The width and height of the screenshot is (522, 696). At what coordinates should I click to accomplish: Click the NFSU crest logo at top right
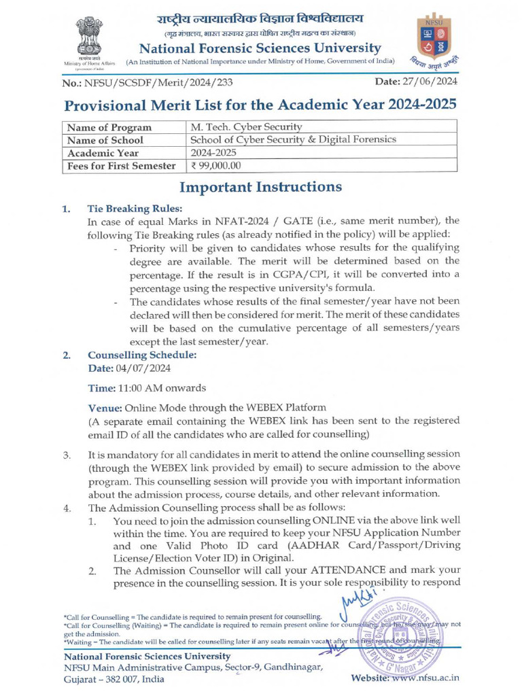point(436,41)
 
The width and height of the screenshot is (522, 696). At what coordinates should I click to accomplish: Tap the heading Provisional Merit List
point(256,106)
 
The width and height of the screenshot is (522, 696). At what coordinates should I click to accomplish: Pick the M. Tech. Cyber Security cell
point(246,127)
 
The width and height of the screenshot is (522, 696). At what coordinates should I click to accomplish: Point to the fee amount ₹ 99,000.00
point(215,165)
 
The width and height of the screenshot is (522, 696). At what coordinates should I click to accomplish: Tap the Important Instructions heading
point(260,187)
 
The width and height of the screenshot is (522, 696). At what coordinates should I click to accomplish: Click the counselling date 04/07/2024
point(144,368)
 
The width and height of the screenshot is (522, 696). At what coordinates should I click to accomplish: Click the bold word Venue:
point(105,408)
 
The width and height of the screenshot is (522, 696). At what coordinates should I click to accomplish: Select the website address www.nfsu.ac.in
point(426,678)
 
